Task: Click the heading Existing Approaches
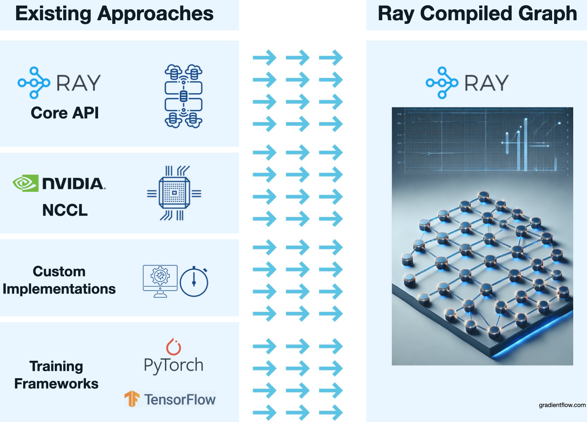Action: (114, 14)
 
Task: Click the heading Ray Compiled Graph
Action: (477, 14)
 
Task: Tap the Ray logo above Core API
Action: (59, 83)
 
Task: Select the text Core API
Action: (65, 113)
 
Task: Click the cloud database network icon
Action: (183, 96)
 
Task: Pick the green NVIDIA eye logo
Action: (25, 183)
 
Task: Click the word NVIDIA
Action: (73, 184)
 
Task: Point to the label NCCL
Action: (65, 210)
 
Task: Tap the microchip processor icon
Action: (174, 193)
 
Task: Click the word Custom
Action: (59, 271)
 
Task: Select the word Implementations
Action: (59, 289)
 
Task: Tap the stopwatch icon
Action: (194, 282)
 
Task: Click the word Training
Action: (56, 366)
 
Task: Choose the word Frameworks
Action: (56, 383)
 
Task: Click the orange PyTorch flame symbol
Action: (174, 347)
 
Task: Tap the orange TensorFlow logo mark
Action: (132, 399)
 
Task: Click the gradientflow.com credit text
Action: (562, 405)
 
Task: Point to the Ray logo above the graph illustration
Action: (467, 83)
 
